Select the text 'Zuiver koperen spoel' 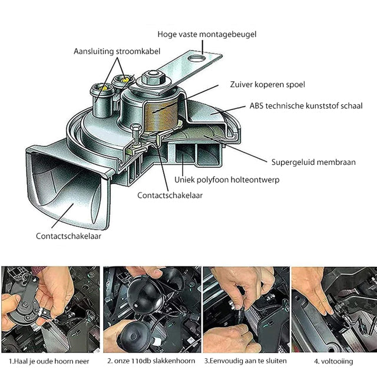(267, 85)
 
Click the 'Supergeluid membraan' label (313, 161)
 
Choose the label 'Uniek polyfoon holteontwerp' (226, 179)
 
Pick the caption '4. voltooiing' (334, 361)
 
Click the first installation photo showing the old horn (50, 308)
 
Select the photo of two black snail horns (151, 308)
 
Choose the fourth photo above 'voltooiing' (333, 308)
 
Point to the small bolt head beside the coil (134, 131)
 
